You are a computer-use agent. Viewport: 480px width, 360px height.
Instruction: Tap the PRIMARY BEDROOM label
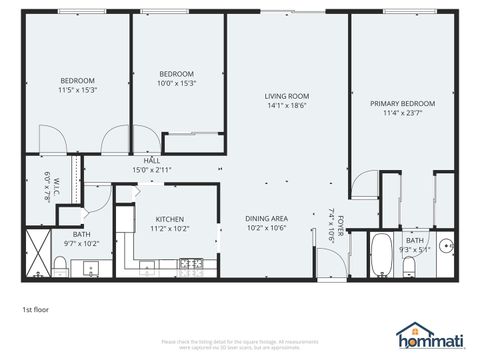[402, 103]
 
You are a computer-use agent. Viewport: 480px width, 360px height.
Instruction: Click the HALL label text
[152, 160]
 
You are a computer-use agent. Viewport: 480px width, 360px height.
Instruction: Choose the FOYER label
[340, 224]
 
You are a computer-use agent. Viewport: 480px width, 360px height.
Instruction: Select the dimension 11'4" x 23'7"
[402, 113]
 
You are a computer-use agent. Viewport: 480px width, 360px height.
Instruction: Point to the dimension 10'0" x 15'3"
[177, 83]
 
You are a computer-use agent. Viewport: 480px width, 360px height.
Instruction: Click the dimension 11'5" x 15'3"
[77, 90]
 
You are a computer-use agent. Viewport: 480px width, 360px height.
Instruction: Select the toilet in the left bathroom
[61, 264]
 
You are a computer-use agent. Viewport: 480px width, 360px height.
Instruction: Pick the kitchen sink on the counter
[149, 266]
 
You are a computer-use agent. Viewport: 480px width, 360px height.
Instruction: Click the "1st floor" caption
[36, 309]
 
